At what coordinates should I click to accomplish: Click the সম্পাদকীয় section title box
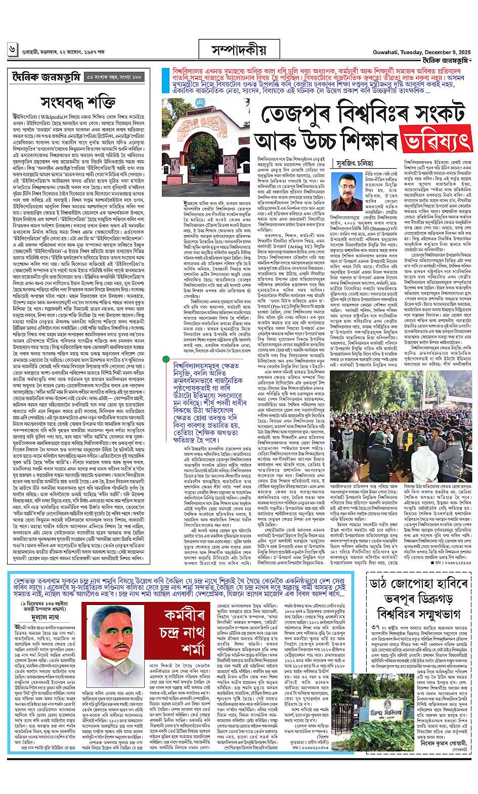239,50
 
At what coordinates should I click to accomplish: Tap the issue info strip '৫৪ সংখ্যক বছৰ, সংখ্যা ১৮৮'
113,77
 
